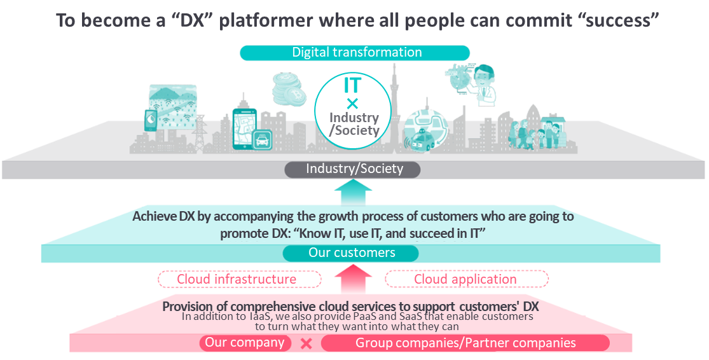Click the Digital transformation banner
tap(355, 52)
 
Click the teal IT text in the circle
tap(353, 85)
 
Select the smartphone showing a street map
tap(244, 128)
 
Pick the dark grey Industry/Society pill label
tap(353, 169)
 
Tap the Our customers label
tap(351, 253)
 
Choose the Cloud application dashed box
tap(466, 279)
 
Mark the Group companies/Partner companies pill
tap(465, 343)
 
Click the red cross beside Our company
tap(306, 343)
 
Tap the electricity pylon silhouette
tap(200, 133)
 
